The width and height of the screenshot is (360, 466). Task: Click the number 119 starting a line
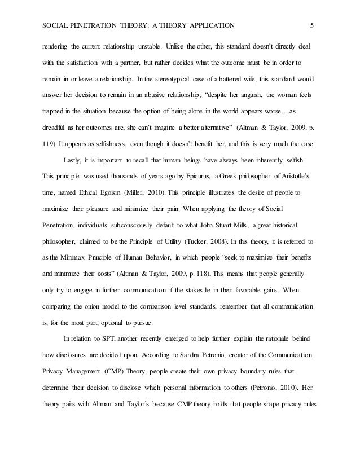[49, 128]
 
